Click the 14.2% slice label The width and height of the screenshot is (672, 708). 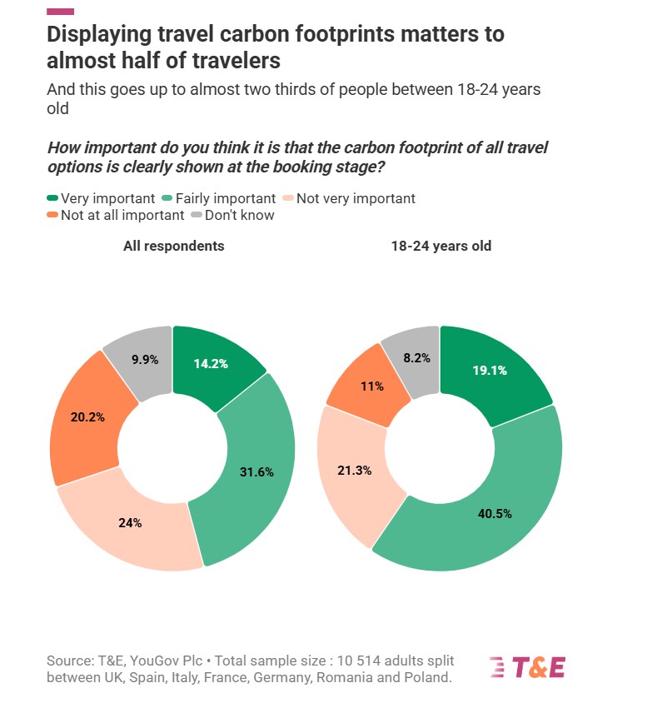212,363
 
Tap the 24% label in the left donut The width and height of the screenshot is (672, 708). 129,523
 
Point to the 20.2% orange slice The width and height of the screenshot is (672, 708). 88,416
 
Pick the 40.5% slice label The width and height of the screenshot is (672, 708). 495,512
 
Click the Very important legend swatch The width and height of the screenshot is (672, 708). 52,198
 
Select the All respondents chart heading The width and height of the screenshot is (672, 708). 174,246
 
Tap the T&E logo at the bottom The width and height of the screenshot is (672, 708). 527,667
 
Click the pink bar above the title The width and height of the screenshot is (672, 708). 60,12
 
